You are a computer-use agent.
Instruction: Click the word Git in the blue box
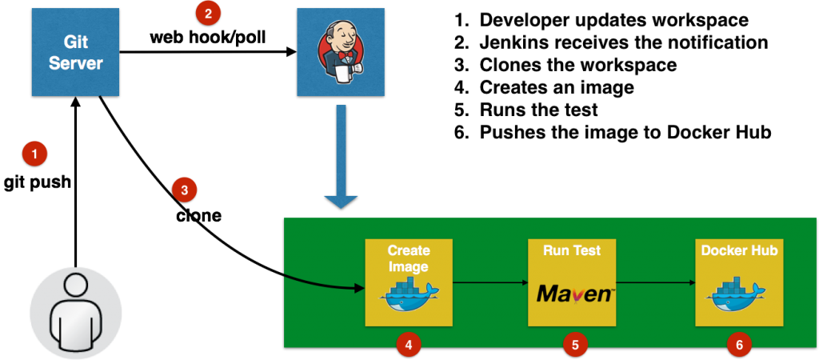(x=76, y=42)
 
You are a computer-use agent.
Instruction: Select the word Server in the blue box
(x=76, y=62)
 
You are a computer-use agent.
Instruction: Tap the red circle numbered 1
(x=34, y=153)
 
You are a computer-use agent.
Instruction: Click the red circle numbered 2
(x=208, y=13)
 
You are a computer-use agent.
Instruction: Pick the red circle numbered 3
(x=184, y=190)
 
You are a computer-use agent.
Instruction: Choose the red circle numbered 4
(x=408, y=345)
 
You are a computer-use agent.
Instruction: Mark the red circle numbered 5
(x=574, y=345)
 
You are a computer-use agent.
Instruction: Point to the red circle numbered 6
(x=739, y=345)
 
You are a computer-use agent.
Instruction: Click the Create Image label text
(x=408, y=258)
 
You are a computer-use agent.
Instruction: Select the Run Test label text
(x=572, y=250)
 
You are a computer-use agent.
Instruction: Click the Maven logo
(x=574, y=294)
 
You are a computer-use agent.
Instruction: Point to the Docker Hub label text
(x=739, y=250)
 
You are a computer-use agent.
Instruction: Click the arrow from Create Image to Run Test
(x=489, y=282)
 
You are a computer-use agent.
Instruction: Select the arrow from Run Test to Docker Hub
(x=655, y=282)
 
